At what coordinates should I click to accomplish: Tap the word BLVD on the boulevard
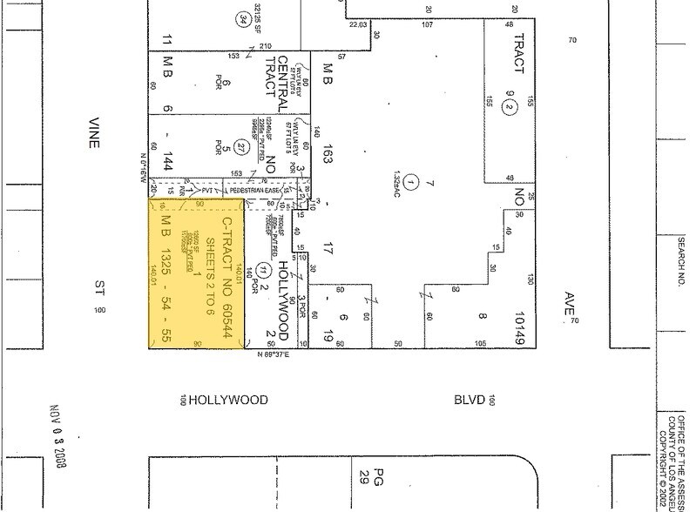tap(465, 400)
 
